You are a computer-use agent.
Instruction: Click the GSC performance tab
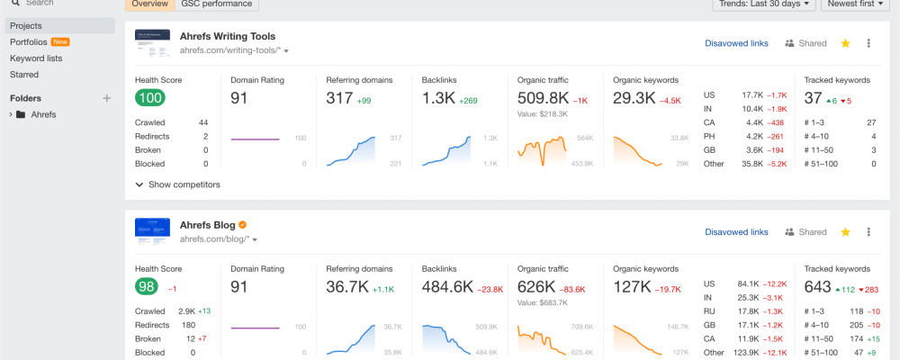[217, 4]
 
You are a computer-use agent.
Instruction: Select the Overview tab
[149, 4]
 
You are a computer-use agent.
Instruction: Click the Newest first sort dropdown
[856, 4]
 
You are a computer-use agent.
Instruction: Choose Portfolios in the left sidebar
[29, 41]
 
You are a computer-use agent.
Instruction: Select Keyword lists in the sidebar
[36, 58]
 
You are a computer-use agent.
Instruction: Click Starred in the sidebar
[24, 74]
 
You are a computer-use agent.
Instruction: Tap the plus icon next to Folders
[106, 98]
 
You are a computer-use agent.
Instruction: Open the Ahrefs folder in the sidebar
[43, 114]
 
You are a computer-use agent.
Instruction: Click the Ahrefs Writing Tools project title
[228, 36]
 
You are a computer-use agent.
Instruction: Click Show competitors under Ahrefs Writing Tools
[183, 184]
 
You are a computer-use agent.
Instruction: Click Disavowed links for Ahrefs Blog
[736, 232]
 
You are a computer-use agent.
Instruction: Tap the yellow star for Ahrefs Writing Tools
[845, 43]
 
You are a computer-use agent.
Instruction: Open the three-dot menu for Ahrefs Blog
[868, 232]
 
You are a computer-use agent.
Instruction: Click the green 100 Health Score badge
[149, 98]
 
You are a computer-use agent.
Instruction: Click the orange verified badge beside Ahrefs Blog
[242, 225]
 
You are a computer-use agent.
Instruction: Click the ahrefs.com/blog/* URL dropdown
[219, 239]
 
